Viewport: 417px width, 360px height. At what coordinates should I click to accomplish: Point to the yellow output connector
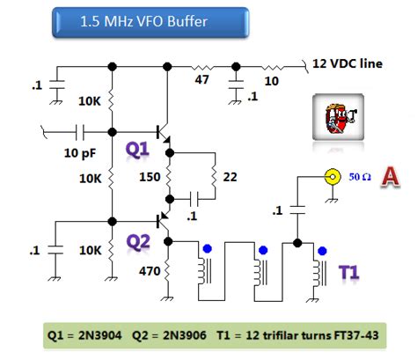pos(333,176)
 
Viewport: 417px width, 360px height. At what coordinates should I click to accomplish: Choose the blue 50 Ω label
pos(360,177)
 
